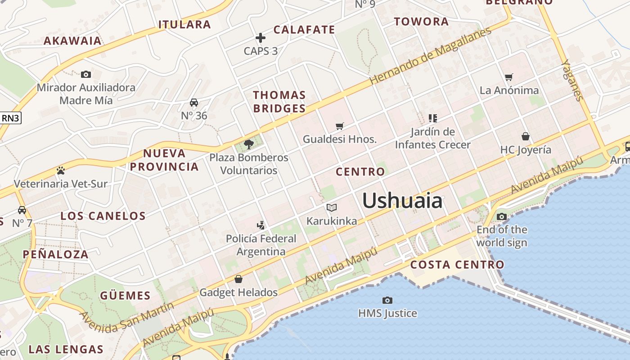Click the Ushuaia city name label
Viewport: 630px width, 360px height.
coord(402,200)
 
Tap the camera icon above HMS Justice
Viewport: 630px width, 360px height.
coord(387,300)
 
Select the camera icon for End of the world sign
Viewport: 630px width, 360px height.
coord(502,217)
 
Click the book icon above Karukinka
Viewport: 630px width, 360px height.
coord(332,207)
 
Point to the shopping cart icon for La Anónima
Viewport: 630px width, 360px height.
coord(509,77)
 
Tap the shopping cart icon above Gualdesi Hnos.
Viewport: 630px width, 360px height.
coord(340,126)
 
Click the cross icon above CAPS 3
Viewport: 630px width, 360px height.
coord(261,38)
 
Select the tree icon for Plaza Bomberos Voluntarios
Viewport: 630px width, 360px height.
coord(248,144)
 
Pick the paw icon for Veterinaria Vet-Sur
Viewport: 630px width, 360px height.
coord(61,171)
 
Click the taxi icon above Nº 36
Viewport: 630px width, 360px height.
coord(194,103)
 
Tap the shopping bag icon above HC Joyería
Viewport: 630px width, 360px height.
coord(525,136)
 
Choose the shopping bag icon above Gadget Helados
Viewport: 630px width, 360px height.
coord(238,279)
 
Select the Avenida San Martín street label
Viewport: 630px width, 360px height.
coord(126,317)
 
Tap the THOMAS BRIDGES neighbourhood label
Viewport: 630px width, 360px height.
coord(279,102)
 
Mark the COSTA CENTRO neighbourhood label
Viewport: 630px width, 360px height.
coord(457,265)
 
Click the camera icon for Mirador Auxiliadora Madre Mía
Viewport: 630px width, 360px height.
coord(86,74)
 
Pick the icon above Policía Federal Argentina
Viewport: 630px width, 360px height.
coord(261,225)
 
